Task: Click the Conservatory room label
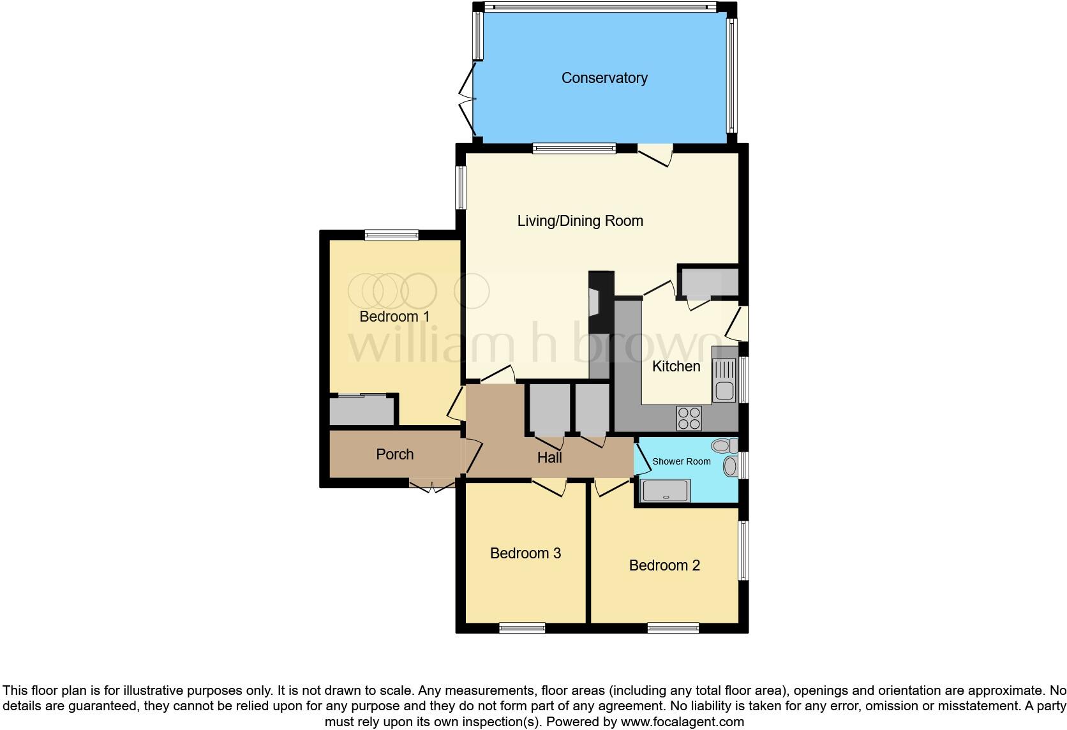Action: [x=604, y=78]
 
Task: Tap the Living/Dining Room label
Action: [x=580, y=221]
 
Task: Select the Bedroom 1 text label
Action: [x=394, y=317]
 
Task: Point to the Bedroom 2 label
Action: [x=664, y=565]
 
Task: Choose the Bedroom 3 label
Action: [x=525, y=553]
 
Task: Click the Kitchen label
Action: [x=676, y=366]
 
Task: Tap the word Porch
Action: [x=395, y=454]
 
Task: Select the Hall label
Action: [x=549, y=458]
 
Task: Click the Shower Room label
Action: [x=681, y=461]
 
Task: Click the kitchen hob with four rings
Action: [x=689, y=419]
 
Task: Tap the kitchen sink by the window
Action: [x=724, y=380]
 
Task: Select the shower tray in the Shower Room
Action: [x=665, y=491]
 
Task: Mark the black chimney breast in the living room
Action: [x=601, y=302]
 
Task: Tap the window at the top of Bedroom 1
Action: [x=392, y=235]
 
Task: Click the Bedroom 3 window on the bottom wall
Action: [x=522, y=628]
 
